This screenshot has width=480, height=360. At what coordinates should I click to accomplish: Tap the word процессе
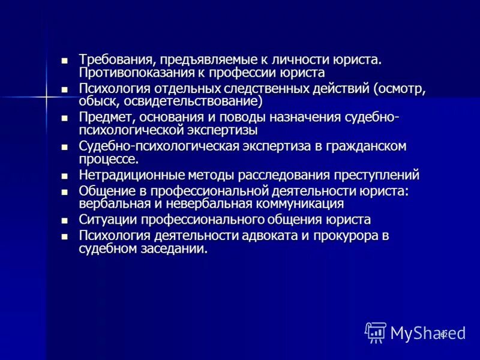(x=109, y=159)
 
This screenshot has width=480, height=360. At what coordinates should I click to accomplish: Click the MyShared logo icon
(x=376, y=332)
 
